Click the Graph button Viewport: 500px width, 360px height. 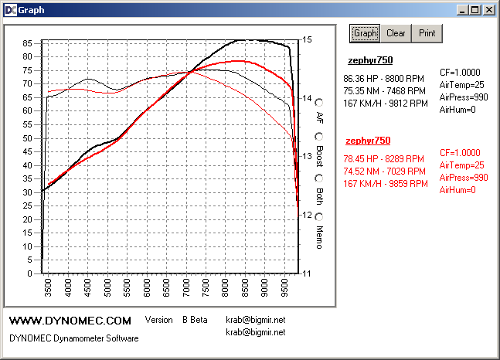365,33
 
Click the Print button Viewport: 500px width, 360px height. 427,33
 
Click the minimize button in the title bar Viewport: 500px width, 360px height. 462,10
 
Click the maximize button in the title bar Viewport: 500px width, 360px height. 475,10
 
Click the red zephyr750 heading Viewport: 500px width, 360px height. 368,141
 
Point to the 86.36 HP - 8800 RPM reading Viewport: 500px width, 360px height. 385,78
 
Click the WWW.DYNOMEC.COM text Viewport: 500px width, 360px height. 70,320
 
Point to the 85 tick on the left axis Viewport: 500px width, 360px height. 28,43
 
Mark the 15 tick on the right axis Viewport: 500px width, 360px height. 307,40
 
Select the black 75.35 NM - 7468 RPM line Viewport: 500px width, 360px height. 385,90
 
